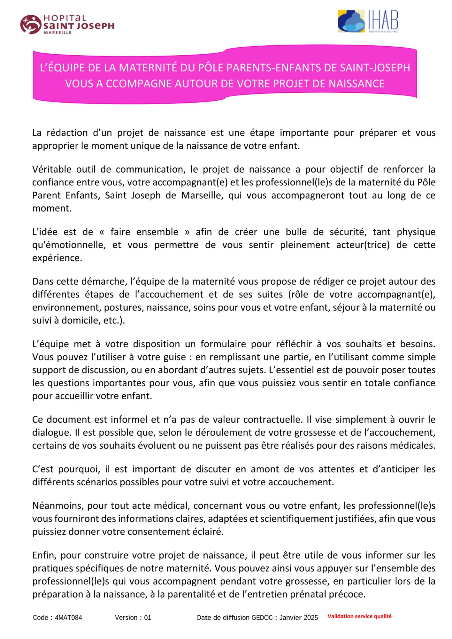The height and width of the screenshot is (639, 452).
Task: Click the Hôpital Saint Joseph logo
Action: [67, 24]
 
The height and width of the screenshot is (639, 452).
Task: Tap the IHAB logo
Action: [368, 21]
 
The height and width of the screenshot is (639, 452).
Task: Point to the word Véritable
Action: [51, 169]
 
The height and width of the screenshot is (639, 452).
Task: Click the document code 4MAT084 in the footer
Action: [68, 618]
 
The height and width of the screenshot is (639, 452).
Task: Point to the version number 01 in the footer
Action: [147, 618]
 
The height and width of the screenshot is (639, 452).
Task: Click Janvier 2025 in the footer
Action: [298, 618]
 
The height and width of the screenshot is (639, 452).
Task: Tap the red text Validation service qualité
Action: [359, 616]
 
